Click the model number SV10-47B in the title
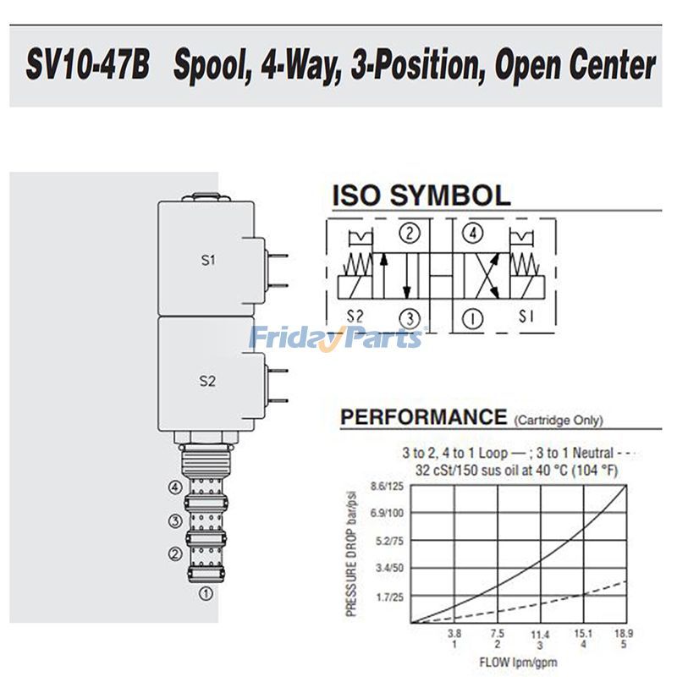click(88, 66)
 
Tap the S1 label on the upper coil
click(208, 260)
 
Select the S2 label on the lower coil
click(207, 381)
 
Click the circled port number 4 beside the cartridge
click(175, 487)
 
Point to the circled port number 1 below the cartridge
click(206, 594)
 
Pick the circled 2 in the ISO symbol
click(410, 234)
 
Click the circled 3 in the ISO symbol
click(410, 319)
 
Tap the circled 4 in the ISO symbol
click(473, 234)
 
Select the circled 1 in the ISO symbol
click(472, 319)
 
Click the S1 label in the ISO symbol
click(526, 316)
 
